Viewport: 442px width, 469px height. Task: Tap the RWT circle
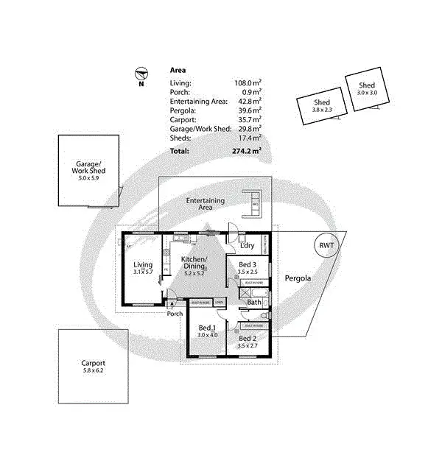tap(325, 245)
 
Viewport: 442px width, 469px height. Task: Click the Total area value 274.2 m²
tap(247, 150)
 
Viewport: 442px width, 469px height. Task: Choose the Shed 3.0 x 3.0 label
tap(366, 88)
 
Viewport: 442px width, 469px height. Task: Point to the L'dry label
tap(248, 245)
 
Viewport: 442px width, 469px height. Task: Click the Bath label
tap(254, 302)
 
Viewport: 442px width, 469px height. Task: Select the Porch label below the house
tap(174, 314)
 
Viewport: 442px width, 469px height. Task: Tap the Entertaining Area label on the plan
tap(205, 204)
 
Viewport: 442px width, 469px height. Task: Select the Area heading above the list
tap(178, 71)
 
